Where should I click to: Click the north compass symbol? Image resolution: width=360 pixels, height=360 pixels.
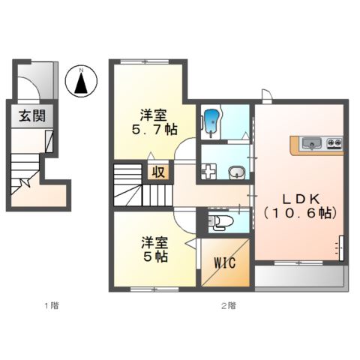(x=81, y=81)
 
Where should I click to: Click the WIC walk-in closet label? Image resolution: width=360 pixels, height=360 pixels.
(x=224, y=263)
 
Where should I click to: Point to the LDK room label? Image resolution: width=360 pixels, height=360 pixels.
(x=301, y=198)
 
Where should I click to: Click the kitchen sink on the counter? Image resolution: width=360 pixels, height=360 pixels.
(x=311, y=142)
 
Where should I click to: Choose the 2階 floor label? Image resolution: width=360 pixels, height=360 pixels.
(x=228, y=305)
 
